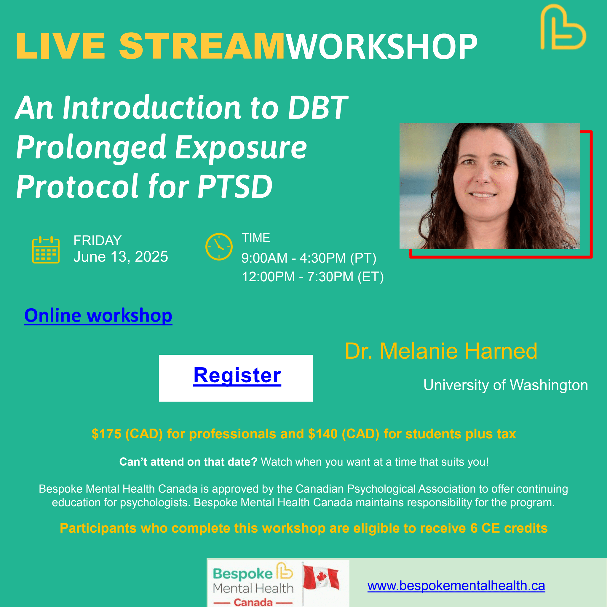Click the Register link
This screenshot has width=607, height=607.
237,376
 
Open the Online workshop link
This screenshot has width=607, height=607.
98,315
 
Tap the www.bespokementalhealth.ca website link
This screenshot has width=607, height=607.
456,586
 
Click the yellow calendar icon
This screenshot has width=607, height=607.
46,250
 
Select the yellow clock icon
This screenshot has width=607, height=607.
219,247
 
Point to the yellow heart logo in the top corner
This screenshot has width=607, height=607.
562,28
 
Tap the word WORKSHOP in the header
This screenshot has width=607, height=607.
382,47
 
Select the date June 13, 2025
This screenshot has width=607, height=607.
121,257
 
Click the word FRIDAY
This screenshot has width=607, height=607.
98,241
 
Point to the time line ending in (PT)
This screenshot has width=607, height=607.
309,258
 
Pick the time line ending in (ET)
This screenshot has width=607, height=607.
312,277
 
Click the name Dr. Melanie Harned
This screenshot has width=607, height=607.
441,351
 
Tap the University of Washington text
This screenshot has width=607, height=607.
506,385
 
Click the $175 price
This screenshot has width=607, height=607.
106,434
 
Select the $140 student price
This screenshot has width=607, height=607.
323,434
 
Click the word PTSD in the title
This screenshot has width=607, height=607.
235,187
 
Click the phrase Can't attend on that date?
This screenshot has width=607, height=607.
188,462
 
